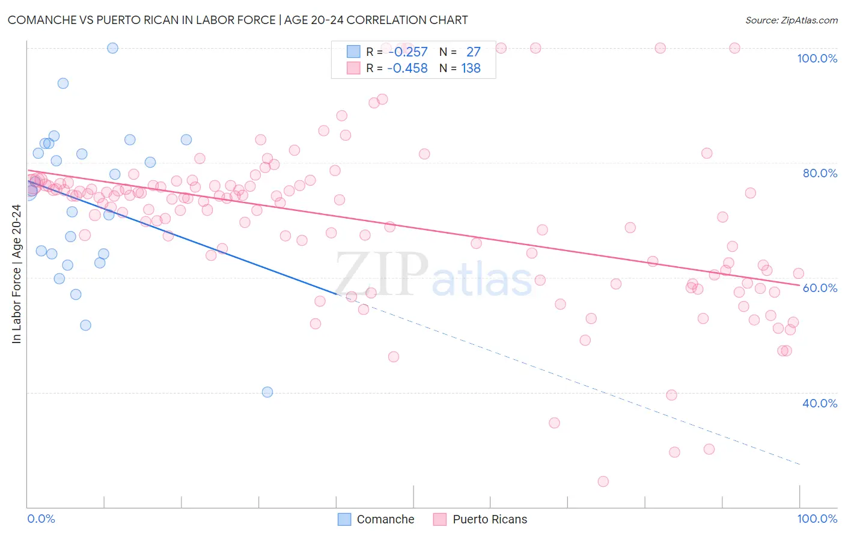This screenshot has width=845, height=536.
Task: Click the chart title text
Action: tap(237, 20)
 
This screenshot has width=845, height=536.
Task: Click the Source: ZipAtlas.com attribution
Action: tap(791, 20)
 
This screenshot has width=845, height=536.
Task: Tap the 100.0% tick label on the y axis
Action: tap(817, 58)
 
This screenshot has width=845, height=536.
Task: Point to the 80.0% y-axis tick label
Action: tap(820, 173)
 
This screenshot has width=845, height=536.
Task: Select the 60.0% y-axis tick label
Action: tap(820, 288)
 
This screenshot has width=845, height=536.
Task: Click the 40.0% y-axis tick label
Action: tap(820, 403)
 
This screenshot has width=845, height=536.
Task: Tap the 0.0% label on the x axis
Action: tap(41, 519)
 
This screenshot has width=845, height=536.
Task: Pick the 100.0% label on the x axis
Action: tap(817, 519)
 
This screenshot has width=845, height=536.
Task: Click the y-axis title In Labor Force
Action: tap(16, 274)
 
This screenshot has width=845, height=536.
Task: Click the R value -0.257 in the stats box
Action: tap(407, 52)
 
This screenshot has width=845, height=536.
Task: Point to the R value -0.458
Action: tap(407, 69)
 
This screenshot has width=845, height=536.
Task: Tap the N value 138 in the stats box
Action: tap(471, 69)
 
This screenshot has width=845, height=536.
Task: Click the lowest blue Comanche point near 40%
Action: tap(267, 392)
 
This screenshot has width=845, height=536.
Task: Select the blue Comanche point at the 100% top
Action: tap(112, 48)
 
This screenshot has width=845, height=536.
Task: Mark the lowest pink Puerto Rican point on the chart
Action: tap(603, 481)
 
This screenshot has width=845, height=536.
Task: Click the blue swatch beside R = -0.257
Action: tap(353, 52)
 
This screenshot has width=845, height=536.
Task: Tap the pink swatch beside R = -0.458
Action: tap(353, 68)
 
